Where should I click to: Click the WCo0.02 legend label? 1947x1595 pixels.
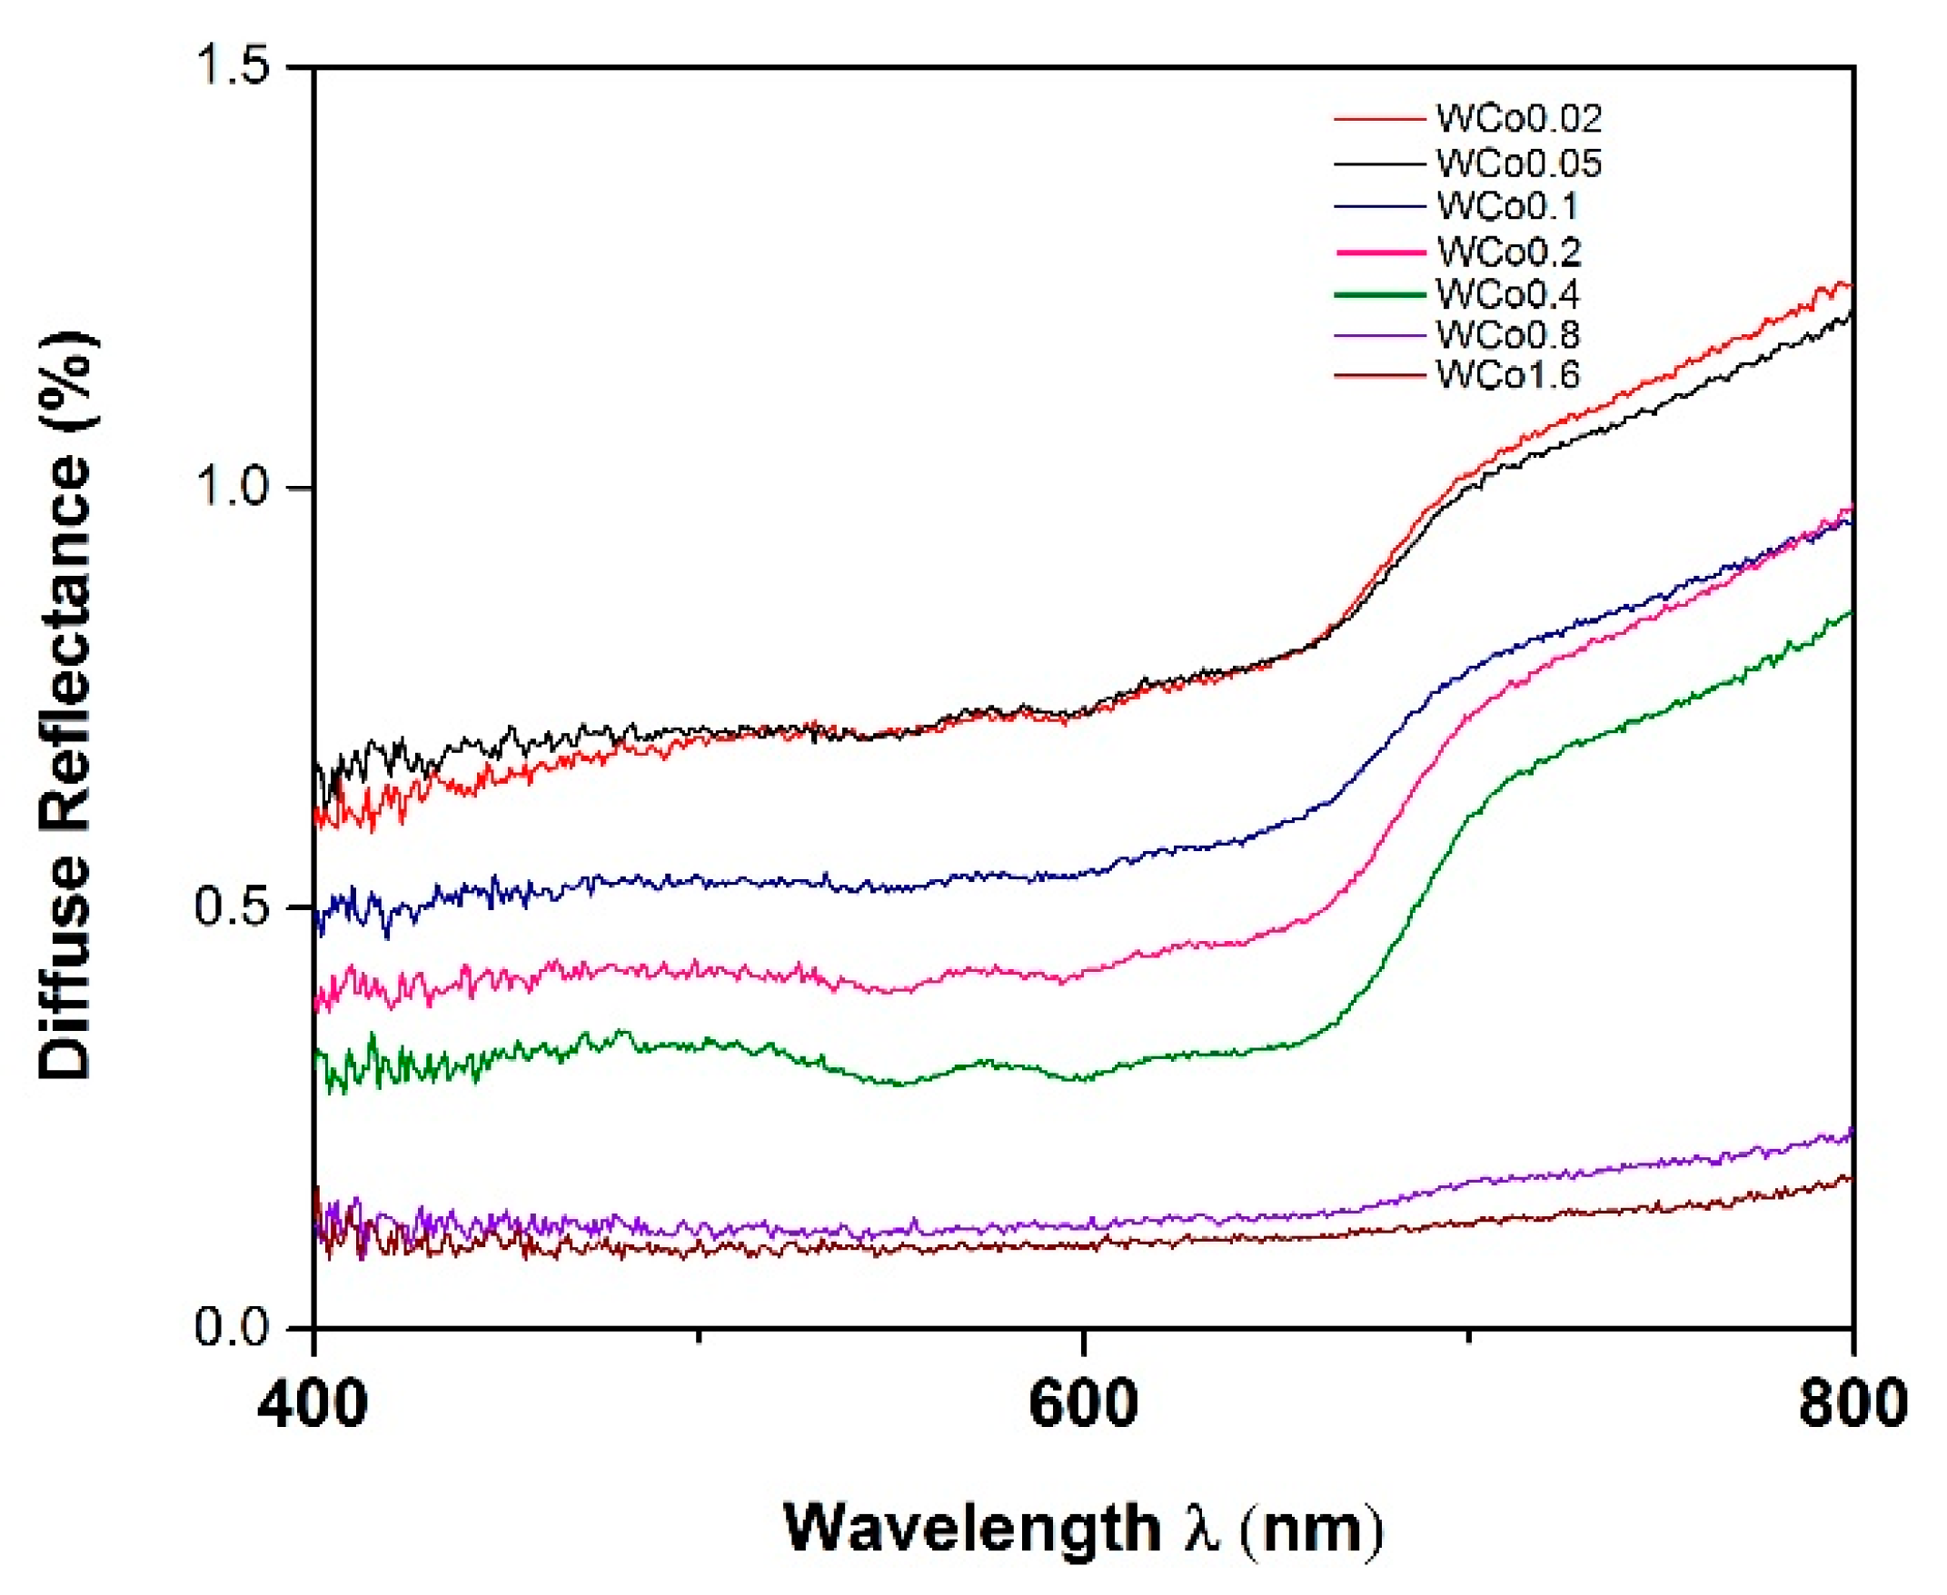pyautogui.click(x=1519, y=117)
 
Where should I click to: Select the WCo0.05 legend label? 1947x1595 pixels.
pyautogui.click(x=1519, y=163)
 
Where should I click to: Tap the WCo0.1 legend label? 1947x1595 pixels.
pyautogui.click(x=1507, y=206)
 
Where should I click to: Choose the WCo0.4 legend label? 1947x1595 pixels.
pyautogui.click(x=1508, y=294)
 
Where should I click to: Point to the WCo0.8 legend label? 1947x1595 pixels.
pyautogui.click(x=1508, y=334)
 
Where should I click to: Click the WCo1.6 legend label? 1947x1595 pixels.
pyautogui.click(x=1508, y=375)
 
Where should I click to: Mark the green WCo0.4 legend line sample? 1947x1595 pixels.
pyautogui.click(x=1379, y=294)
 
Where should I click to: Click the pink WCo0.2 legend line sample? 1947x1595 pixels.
pyautogui.click(x=1379, y=251)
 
